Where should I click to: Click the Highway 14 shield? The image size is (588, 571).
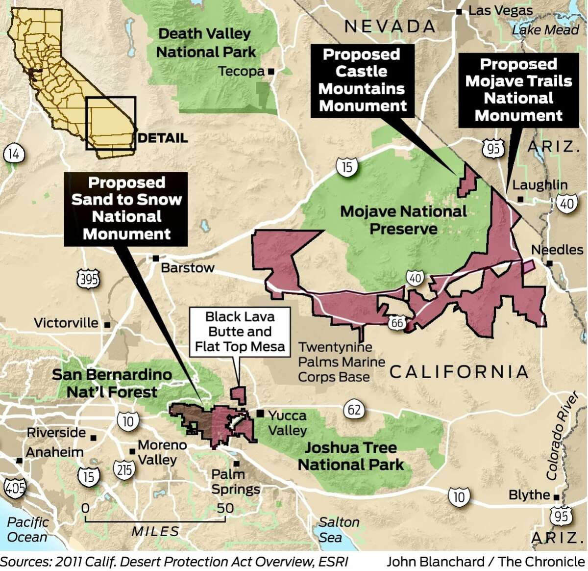click(13, 154)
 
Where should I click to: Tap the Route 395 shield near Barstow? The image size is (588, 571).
click(88, 280)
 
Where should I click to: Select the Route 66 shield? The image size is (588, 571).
click(397, 322)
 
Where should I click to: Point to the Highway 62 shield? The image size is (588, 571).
click(354, 409)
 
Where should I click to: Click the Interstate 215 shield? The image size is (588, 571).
click(124, 469)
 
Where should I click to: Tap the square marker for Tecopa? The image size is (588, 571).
click(271, 72)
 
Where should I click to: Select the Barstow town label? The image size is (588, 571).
click(188, 268)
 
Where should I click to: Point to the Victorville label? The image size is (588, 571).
click(66, 323)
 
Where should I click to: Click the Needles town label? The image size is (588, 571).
click(557, 250)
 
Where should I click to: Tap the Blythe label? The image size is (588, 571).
click(529, 494)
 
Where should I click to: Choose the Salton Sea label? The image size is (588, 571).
click(339, 530)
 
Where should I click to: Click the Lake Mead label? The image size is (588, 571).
click(545, 30)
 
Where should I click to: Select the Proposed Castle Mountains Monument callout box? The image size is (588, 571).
click(363, 80)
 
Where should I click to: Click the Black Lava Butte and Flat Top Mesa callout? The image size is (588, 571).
click(240, 332)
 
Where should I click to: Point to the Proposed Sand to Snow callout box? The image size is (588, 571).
click(126, 208)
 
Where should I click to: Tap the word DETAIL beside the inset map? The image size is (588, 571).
click(163, 138)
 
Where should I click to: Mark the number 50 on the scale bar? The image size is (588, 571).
click(225, 508)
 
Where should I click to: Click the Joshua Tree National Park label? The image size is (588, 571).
click(351, 456)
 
